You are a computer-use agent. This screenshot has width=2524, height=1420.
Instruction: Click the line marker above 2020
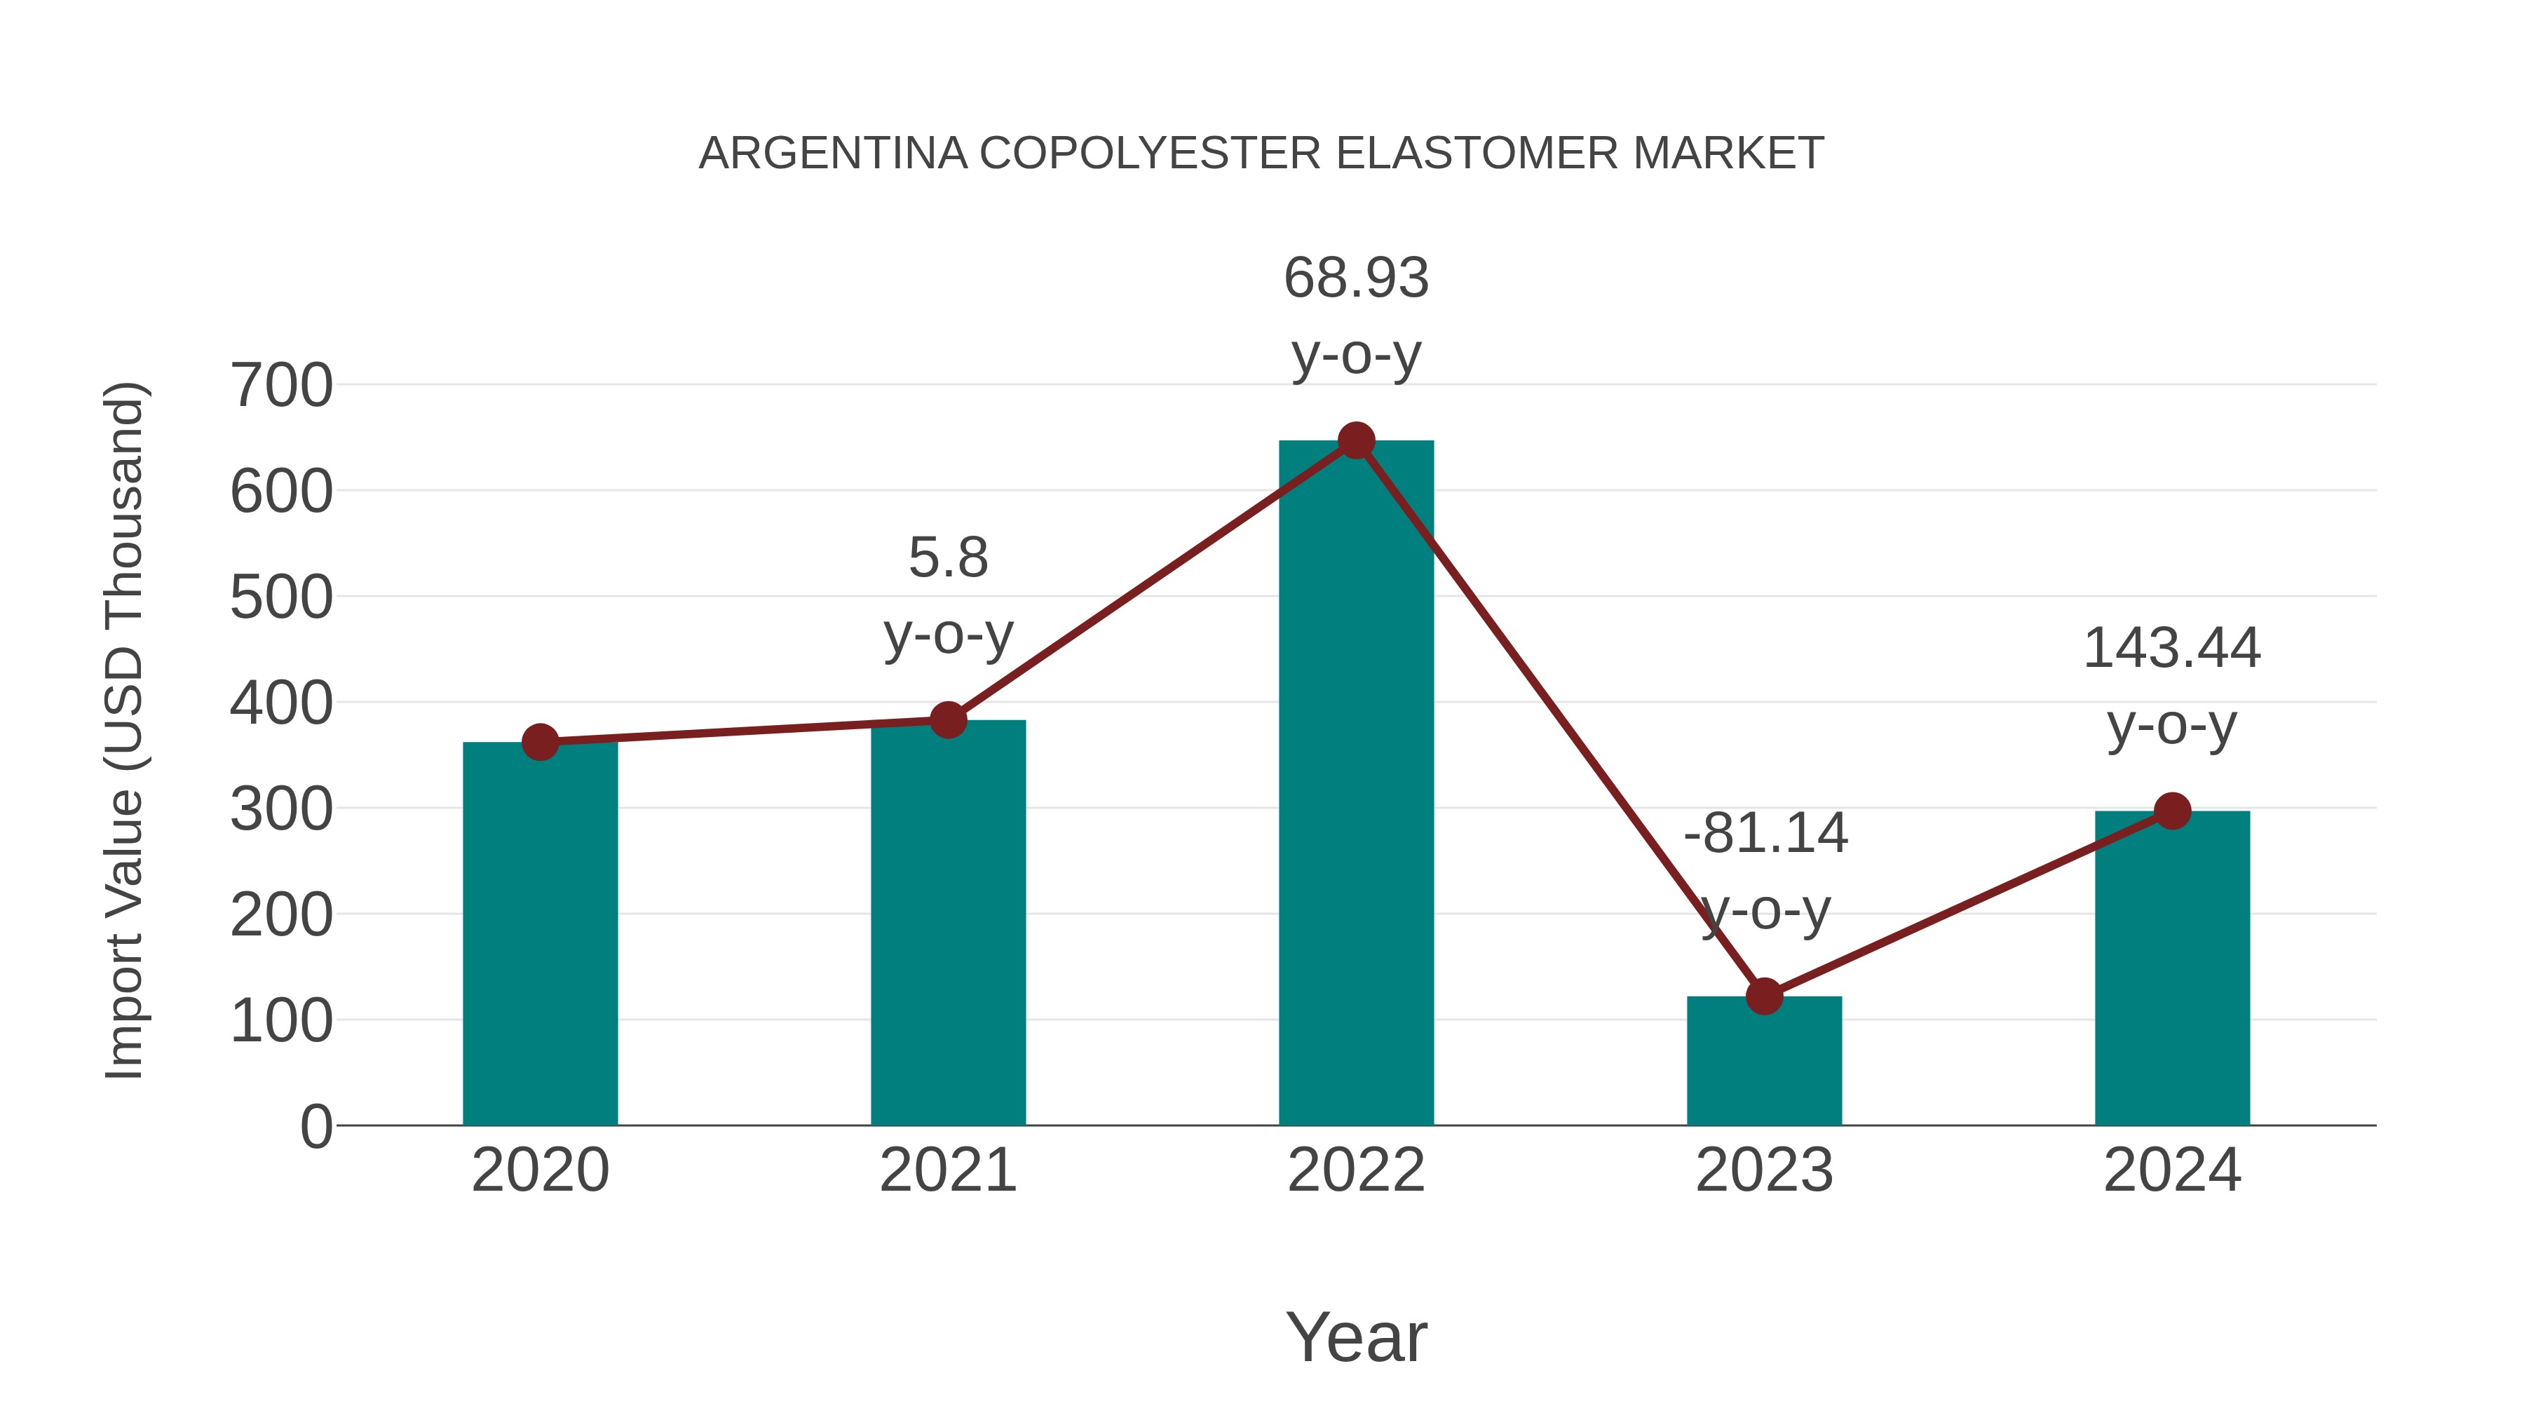coord(540,742)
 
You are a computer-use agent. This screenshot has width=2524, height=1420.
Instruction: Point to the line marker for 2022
coord(1356,441)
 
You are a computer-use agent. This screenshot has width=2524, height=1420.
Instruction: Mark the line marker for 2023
coord(1764,996)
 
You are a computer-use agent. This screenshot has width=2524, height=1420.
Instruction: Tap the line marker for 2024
coord(2171,811)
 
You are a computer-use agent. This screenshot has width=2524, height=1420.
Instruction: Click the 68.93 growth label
coord(1356,278)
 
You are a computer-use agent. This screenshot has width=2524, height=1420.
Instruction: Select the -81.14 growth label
coord(1765,834)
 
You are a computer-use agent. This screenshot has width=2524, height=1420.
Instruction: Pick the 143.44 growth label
coord(2171,649)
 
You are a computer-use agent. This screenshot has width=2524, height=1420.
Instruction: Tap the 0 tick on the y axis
coord(315,1126)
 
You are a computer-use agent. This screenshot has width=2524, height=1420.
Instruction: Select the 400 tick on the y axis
coord(281,703)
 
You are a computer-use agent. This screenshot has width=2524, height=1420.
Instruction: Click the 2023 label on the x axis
coord(1764,1170)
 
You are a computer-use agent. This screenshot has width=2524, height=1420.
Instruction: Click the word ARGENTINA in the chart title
coord(833,153)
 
